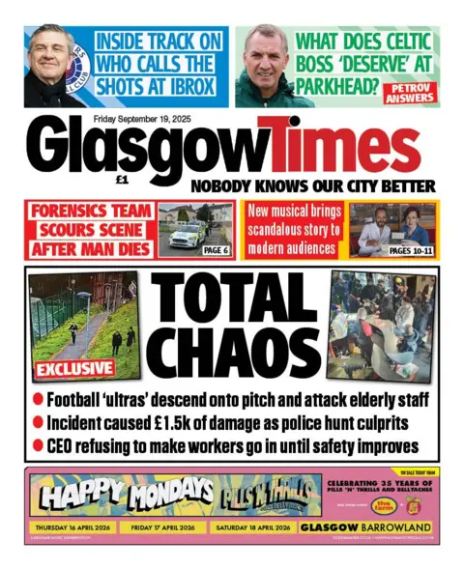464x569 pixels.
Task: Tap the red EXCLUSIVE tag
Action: pyautogui.click(x=73, y=369)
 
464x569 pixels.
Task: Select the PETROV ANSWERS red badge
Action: pyautogui.click(x=408, y=94)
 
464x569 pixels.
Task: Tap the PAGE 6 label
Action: pyautogui.click(x=216, y=249)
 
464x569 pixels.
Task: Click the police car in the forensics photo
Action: pyautogui.click(x=186, y=235)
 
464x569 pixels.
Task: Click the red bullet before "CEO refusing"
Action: pyautogui.click(x=38, y=445)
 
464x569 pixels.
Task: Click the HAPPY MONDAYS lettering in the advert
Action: pyautogui.click(x=125, y=493)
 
